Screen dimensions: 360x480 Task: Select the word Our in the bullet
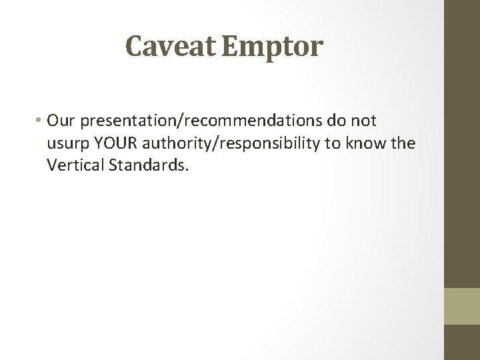[x=60, y=121]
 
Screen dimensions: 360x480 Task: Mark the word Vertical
[x=74, y=165]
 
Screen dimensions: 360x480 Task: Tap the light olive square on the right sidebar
[x=463, y=305]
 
